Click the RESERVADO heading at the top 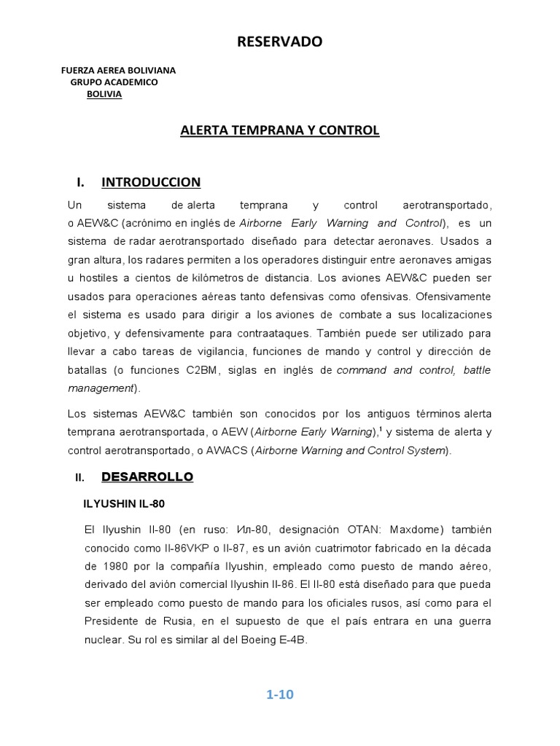pos(279,42)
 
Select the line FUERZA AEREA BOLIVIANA pos(118,70)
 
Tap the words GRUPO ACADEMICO pos(114,82)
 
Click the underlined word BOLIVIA pos(104,95)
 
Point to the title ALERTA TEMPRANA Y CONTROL pos(280,130)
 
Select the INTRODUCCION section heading pos(151,182)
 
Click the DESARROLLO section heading pos(147,477)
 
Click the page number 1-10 pos(279,694)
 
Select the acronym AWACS pos(225,451)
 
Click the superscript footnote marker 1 pos(380,428)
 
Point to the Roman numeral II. pos(79,478)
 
